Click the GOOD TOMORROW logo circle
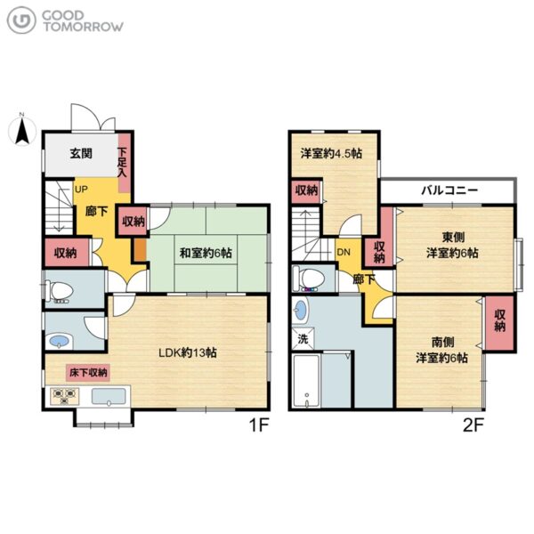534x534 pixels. (x=21, y=20)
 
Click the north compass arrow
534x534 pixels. (x=21, y=131)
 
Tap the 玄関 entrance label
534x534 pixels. (x=81, y=153)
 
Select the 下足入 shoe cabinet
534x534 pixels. (x=124, y=163)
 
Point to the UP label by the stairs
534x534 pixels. (x=81, y=189)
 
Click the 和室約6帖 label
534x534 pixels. (x=206, y=253)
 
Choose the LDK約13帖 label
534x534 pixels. (x=188, y=352)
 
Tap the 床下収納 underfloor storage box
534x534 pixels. (x=88, y=373)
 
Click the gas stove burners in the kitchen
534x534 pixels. (x=64, y=396)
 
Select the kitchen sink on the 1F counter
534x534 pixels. (x=109, y=397)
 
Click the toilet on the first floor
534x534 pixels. (x=59, y=291)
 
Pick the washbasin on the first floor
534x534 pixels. (x=61, y=341)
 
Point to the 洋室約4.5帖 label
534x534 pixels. (x=331, y=153)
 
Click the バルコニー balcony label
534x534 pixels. (x=449, y=190)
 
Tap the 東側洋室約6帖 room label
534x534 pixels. (x=453, y=245)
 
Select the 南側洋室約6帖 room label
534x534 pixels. (x=441, y=350)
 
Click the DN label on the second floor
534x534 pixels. (x=344, y=253)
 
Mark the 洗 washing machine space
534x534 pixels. (x=303, y=339)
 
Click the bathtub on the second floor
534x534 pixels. (x=306, y=381)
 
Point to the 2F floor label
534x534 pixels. (x=473, y=425)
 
